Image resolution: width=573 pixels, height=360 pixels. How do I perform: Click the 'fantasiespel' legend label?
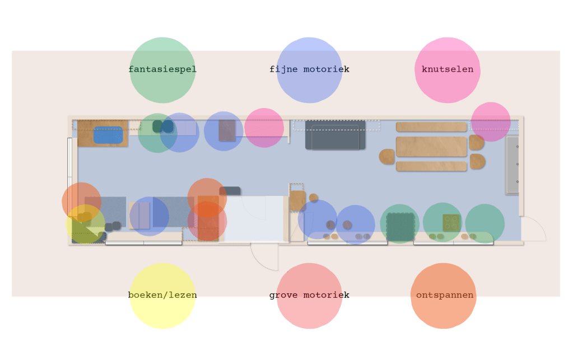coord(162,70)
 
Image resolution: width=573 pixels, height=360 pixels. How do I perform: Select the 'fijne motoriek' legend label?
coord(309,70)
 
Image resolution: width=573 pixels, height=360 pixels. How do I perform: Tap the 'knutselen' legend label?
coord(448,70)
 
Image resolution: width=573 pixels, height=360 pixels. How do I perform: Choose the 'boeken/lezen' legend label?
coord(162,296)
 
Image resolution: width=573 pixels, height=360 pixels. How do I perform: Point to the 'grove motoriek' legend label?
coord(309,296)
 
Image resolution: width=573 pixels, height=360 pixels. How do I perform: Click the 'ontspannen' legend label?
coord(445,296)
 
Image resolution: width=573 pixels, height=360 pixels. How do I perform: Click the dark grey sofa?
coord(335,135)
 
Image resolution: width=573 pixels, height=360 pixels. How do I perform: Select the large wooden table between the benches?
coord(431,147)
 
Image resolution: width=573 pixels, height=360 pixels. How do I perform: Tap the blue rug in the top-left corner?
coord(108,135)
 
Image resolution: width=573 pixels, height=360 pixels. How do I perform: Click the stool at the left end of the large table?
coord(386,157)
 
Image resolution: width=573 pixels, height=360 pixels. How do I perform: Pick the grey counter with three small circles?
coord(513,165)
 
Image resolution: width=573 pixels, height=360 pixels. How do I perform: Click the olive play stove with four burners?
coord(450,222)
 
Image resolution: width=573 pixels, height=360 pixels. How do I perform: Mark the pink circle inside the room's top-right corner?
coord(491,121)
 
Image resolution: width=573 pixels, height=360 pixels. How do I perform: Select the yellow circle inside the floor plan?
coord(85,224)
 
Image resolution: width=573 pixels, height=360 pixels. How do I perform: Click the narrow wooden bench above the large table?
coord(431,127)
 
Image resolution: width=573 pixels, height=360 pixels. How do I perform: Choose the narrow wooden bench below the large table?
coord(431,166)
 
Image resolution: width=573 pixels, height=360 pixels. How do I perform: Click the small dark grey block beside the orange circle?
coord(230,191)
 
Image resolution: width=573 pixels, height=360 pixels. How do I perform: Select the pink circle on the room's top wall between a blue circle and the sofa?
coord(264,128)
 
